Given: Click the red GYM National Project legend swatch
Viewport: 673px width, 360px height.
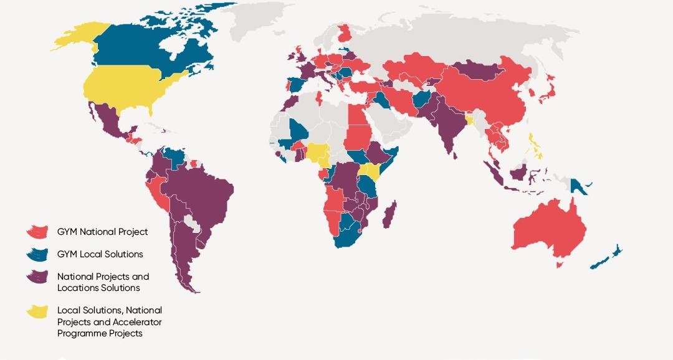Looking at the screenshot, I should coord(37,231).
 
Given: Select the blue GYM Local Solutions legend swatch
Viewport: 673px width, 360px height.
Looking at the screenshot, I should coord(37,254).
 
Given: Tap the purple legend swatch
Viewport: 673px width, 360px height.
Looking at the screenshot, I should coord(37,277).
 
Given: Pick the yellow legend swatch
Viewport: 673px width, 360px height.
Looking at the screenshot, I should coord(37,311).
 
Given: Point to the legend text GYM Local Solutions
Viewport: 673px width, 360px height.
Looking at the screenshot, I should coord(100,254).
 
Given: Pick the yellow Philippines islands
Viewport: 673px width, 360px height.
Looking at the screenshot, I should coord(535,149).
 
